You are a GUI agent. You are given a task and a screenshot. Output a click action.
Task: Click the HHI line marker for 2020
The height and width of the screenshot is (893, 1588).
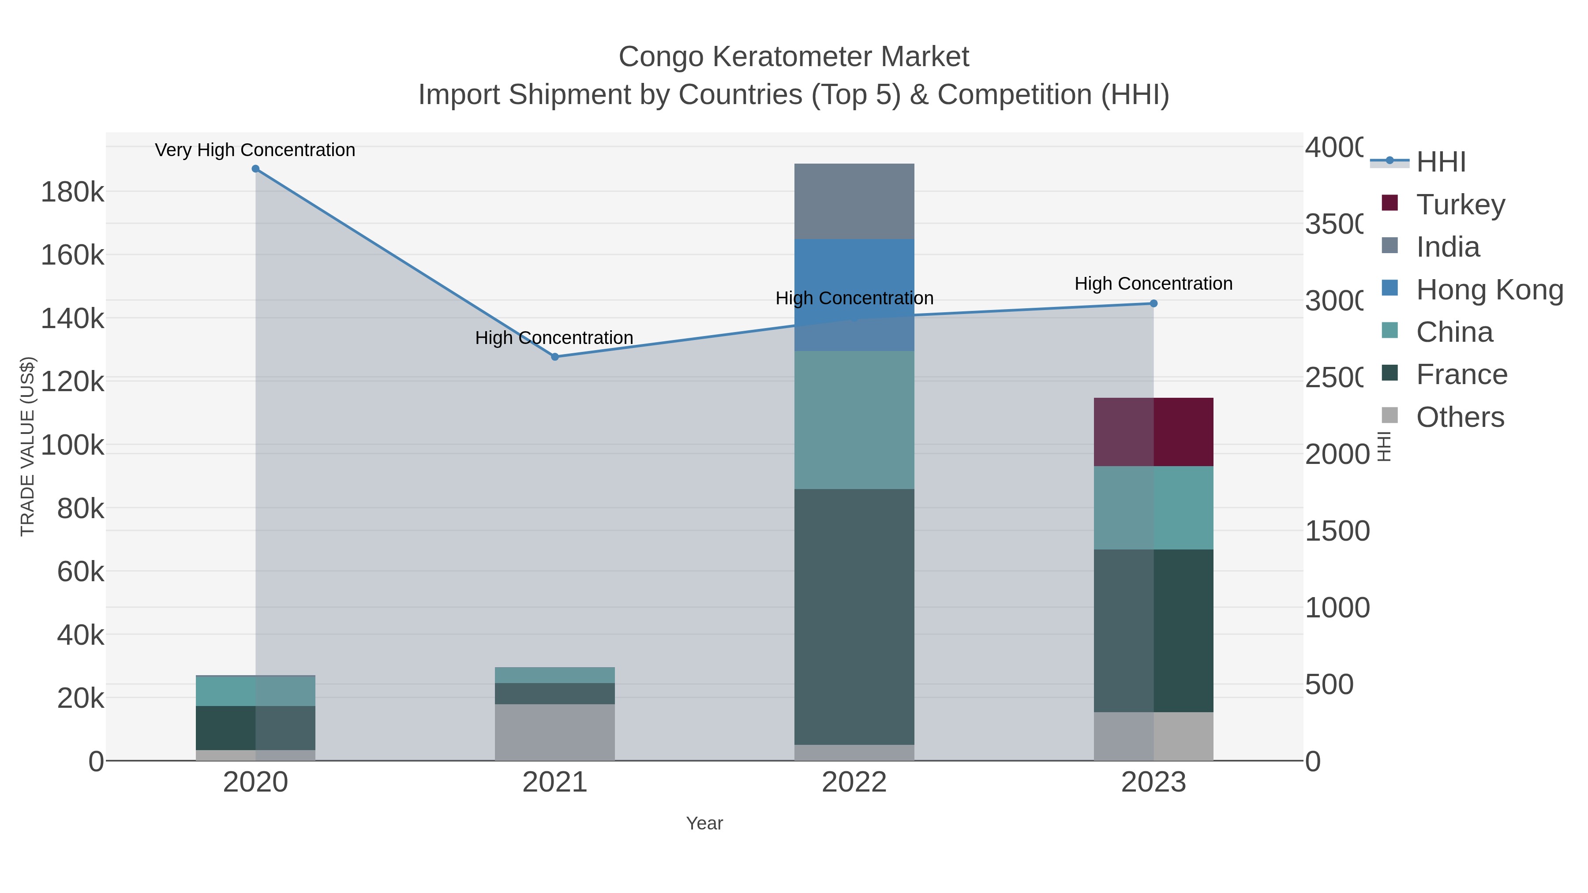pyautogui.click(x=256, y=169)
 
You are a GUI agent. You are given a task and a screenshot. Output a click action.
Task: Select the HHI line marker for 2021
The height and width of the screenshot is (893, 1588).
pyautogui.click(x=555, y=357)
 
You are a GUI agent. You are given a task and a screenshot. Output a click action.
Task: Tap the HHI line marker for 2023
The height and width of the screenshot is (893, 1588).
pyautogui.click(x=1154, y=303)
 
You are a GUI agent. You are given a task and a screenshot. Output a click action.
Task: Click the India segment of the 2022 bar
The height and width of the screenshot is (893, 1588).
pyautogui.click(x=854, y=202)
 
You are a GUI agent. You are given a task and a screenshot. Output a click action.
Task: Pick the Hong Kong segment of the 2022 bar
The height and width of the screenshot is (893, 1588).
pyautogui.click(x=854, y=295)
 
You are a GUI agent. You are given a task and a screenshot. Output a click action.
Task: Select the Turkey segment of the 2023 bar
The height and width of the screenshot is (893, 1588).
pyautogui.click(x=1154, y=432)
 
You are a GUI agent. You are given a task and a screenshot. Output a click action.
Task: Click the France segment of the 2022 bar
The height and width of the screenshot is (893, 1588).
pyautogui.click(x=854, y=617)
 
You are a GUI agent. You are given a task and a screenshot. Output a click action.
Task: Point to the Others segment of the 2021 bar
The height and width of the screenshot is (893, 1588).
pyautogui.click(x=555, y=732)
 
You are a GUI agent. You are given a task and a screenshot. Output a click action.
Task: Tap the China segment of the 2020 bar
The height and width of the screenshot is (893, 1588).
pyautogui.click(x=256, y=691)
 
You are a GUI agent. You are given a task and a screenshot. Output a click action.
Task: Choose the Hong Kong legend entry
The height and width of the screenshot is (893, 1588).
pyautogui.click(x=1489, y=290)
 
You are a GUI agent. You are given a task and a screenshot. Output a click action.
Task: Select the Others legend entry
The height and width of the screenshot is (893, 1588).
pyautogui.click(x=1460, y=417)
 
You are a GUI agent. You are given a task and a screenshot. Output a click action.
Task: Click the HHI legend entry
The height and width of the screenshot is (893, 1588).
pyautogui.click(x=1441, y=162)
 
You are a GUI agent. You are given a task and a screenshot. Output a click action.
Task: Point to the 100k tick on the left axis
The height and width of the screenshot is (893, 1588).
pyautogui.click(x=73, y=445)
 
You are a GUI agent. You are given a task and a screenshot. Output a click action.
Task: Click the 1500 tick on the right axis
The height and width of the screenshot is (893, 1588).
pyautogui.click(x=1337, y=531)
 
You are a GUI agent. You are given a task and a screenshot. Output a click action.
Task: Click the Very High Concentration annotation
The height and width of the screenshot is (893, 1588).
pyautogui.click(x=255, y=150)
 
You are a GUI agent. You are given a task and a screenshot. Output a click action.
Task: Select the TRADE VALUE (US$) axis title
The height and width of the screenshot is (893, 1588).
pyautogui.click(x=28, y=446)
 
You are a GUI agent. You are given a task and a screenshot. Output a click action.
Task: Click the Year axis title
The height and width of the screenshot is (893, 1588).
pyautogui.click(x=704, y=823)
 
